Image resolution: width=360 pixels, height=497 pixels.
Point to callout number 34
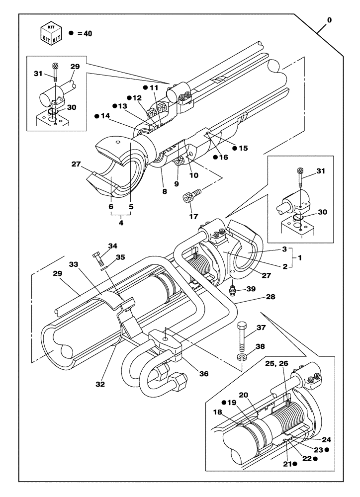pos(113,246)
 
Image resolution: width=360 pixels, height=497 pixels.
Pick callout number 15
pos(243,148)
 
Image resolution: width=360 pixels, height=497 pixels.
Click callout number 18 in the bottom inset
pos(218,412)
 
